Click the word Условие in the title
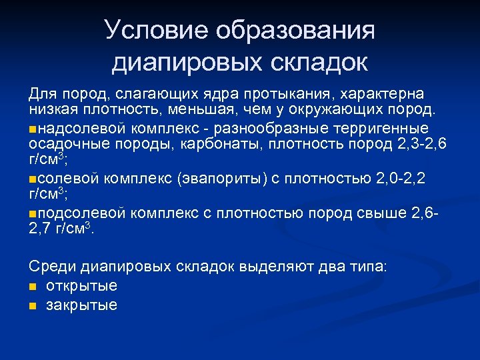pyautogui.click(x=148, y=30)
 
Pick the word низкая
pyautogui.click(x=53, y=109)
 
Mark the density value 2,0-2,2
pyautogui.click(x=400, y=179)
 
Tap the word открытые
pyautogui.click(x=81, y=286)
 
